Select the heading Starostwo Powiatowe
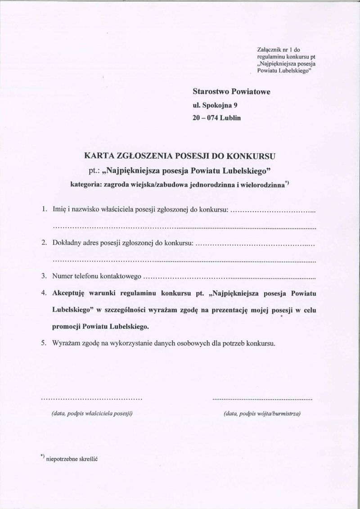click(231, 92)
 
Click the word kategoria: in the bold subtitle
click(87, 184)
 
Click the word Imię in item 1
click(59, 209)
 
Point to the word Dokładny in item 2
click(67, 243)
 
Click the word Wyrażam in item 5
click(66, 343)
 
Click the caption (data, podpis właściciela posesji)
click(92, 413)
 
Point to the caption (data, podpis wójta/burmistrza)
click(262, 413)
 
